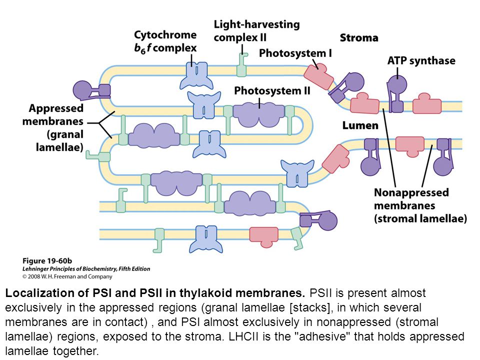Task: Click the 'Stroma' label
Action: [x=359, y=38]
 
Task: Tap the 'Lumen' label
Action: [x=360, y=125]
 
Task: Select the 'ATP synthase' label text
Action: [x=421, y=60]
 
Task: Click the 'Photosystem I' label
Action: [x=295, y=53]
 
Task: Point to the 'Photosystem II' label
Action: [x=272, y=91]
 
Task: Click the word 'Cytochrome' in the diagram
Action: [x=165, y=35]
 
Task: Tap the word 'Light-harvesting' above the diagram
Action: [x=256, y=24]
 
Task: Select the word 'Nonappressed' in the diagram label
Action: [x=411, y=192]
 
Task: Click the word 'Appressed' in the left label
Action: [x=56, y=108]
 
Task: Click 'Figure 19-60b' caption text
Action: [x=47, y=261]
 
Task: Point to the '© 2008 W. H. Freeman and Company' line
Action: [x=67, y=276]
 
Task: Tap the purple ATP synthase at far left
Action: [x=91, y=90]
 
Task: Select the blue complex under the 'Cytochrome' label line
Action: [x=196, y=75]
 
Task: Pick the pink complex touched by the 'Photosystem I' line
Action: [x=319, y=77]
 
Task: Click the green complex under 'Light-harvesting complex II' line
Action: [x=242, y=65]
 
